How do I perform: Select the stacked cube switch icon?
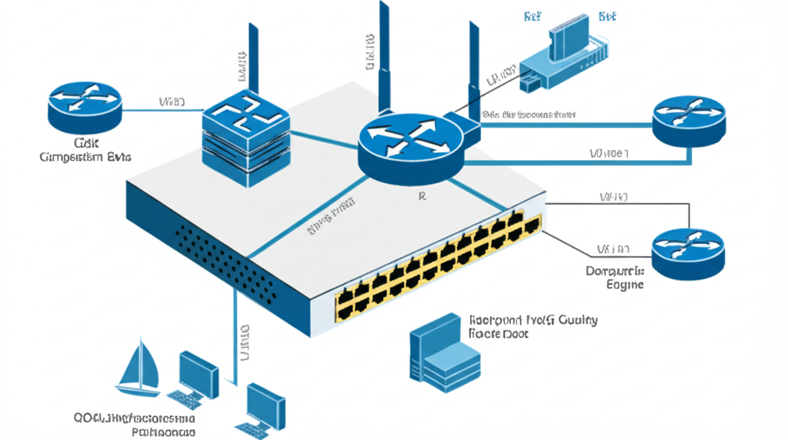tap(245, 135)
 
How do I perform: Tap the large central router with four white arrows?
tap(409, 146)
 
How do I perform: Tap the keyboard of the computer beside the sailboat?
tap(185, 398)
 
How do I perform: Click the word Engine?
tap(624, 285)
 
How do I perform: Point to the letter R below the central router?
tap(421, 197)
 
